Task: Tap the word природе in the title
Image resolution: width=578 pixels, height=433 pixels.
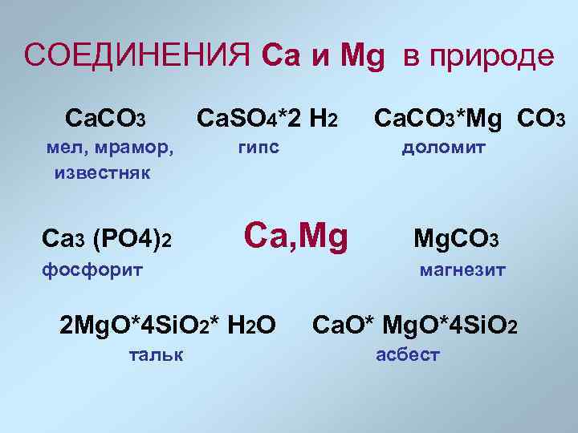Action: pos(490,56)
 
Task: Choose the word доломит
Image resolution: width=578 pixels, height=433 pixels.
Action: pos(443,148)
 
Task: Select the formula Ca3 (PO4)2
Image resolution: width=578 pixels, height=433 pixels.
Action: pos(107,238)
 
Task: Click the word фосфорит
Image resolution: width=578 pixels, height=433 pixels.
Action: pos(92,269)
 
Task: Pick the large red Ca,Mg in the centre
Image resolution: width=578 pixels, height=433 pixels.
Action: pos(296,236)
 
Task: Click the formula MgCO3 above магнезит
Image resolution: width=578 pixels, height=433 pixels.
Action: pos(456,239)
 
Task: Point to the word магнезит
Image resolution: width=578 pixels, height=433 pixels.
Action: pos(462,269)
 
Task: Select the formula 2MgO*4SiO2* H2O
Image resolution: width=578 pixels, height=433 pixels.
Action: pos(169,324)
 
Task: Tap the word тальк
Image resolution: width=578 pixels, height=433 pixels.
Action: pos(155,354)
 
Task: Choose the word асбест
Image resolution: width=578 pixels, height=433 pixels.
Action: pos(408,354)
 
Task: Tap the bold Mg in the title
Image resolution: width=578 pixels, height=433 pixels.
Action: pos(362,56)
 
